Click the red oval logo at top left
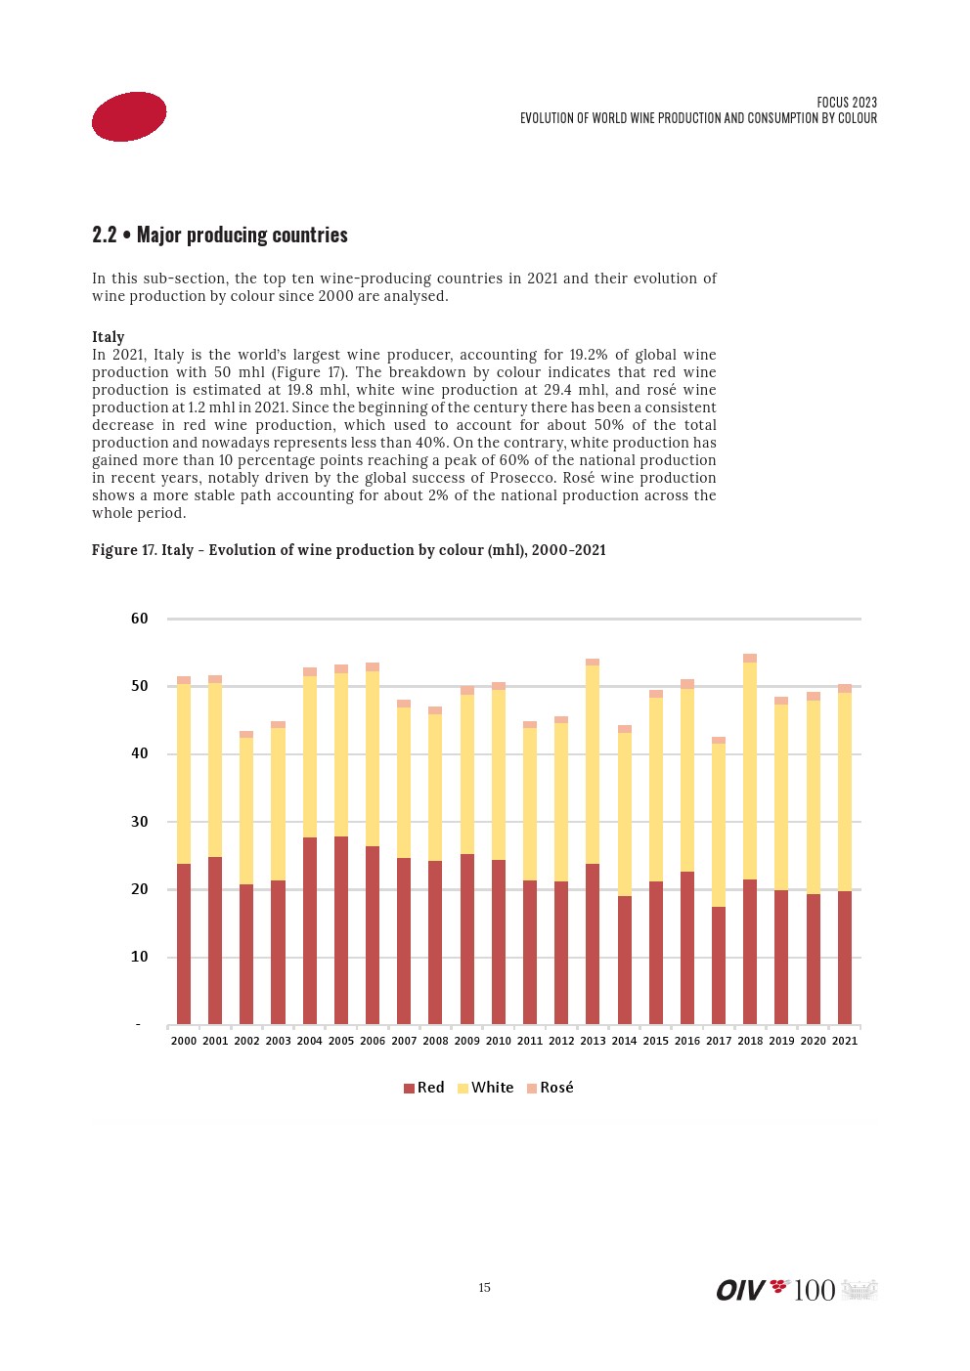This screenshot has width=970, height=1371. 129,116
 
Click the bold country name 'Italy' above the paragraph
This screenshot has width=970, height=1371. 109,337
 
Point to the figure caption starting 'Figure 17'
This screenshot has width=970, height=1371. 348,550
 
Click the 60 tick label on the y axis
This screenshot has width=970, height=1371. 140,619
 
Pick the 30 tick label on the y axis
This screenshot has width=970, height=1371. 140,822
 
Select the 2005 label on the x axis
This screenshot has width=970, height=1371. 341,1041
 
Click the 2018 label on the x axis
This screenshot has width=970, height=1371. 750,1041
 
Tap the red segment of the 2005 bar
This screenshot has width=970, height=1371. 341,928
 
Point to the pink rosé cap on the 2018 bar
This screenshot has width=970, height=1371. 750,659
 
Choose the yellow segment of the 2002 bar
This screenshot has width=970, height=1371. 246,811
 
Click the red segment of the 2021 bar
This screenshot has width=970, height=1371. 845,958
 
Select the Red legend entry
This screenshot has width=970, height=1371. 424,1088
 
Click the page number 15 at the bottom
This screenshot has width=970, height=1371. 484,1288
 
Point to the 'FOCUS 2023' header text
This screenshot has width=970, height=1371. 847,103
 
